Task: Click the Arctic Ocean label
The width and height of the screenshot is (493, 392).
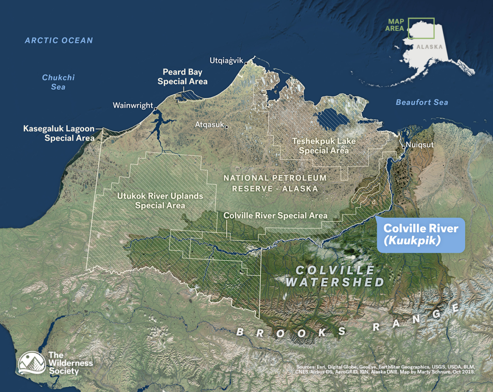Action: tap(59, 40)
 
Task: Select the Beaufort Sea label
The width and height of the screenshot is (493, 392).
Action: tap(422, 102)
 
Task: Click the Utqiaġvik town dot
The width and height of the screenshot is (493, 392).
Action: tap(246, 63)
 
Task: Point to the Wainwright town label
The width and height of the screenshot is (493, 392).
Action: tap(132, 105)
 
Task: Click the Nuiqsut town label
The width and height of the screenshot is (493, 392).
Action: tap(417, 144)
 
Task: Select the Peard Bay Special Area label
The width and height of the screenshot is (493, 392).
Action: tap(182, 77)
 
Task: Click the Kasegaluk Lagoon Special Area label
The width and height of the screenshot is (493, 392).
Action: tap(59, 134)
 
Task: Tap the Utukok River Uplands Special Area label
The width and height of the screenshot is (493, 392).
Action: tap(160, 201)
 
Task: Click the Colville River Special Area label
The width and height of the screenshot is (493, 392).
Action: tap(275, 215)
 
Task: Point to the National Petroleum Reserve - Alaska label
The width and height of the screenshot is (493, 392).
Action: tap(275, 183)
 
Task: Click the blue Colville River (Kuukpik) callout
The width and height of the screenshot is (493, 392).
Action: tap(420, 234)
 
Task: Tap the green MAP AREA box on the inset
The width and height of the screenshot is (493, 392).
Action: tap(421, 28)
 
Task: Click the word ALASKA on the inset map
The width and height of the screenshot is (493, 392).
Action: tap(427, 47)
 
